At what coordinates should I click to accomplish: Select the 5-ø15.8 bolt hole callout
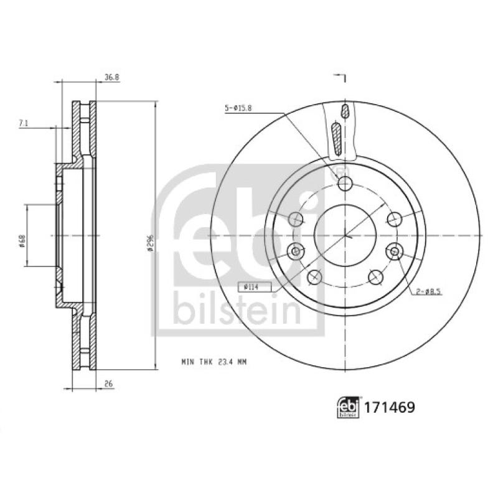coord(238,109)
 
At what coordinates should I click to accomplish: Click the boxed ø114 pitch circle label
coord(248,286)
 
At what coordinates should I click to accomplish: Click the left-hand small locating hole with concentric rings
coord(295,251)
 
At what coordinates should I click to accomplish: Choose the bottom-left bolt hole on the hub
coord(314,276)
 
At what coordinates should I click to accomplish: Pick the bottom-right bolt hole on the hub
coord(375,276)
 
